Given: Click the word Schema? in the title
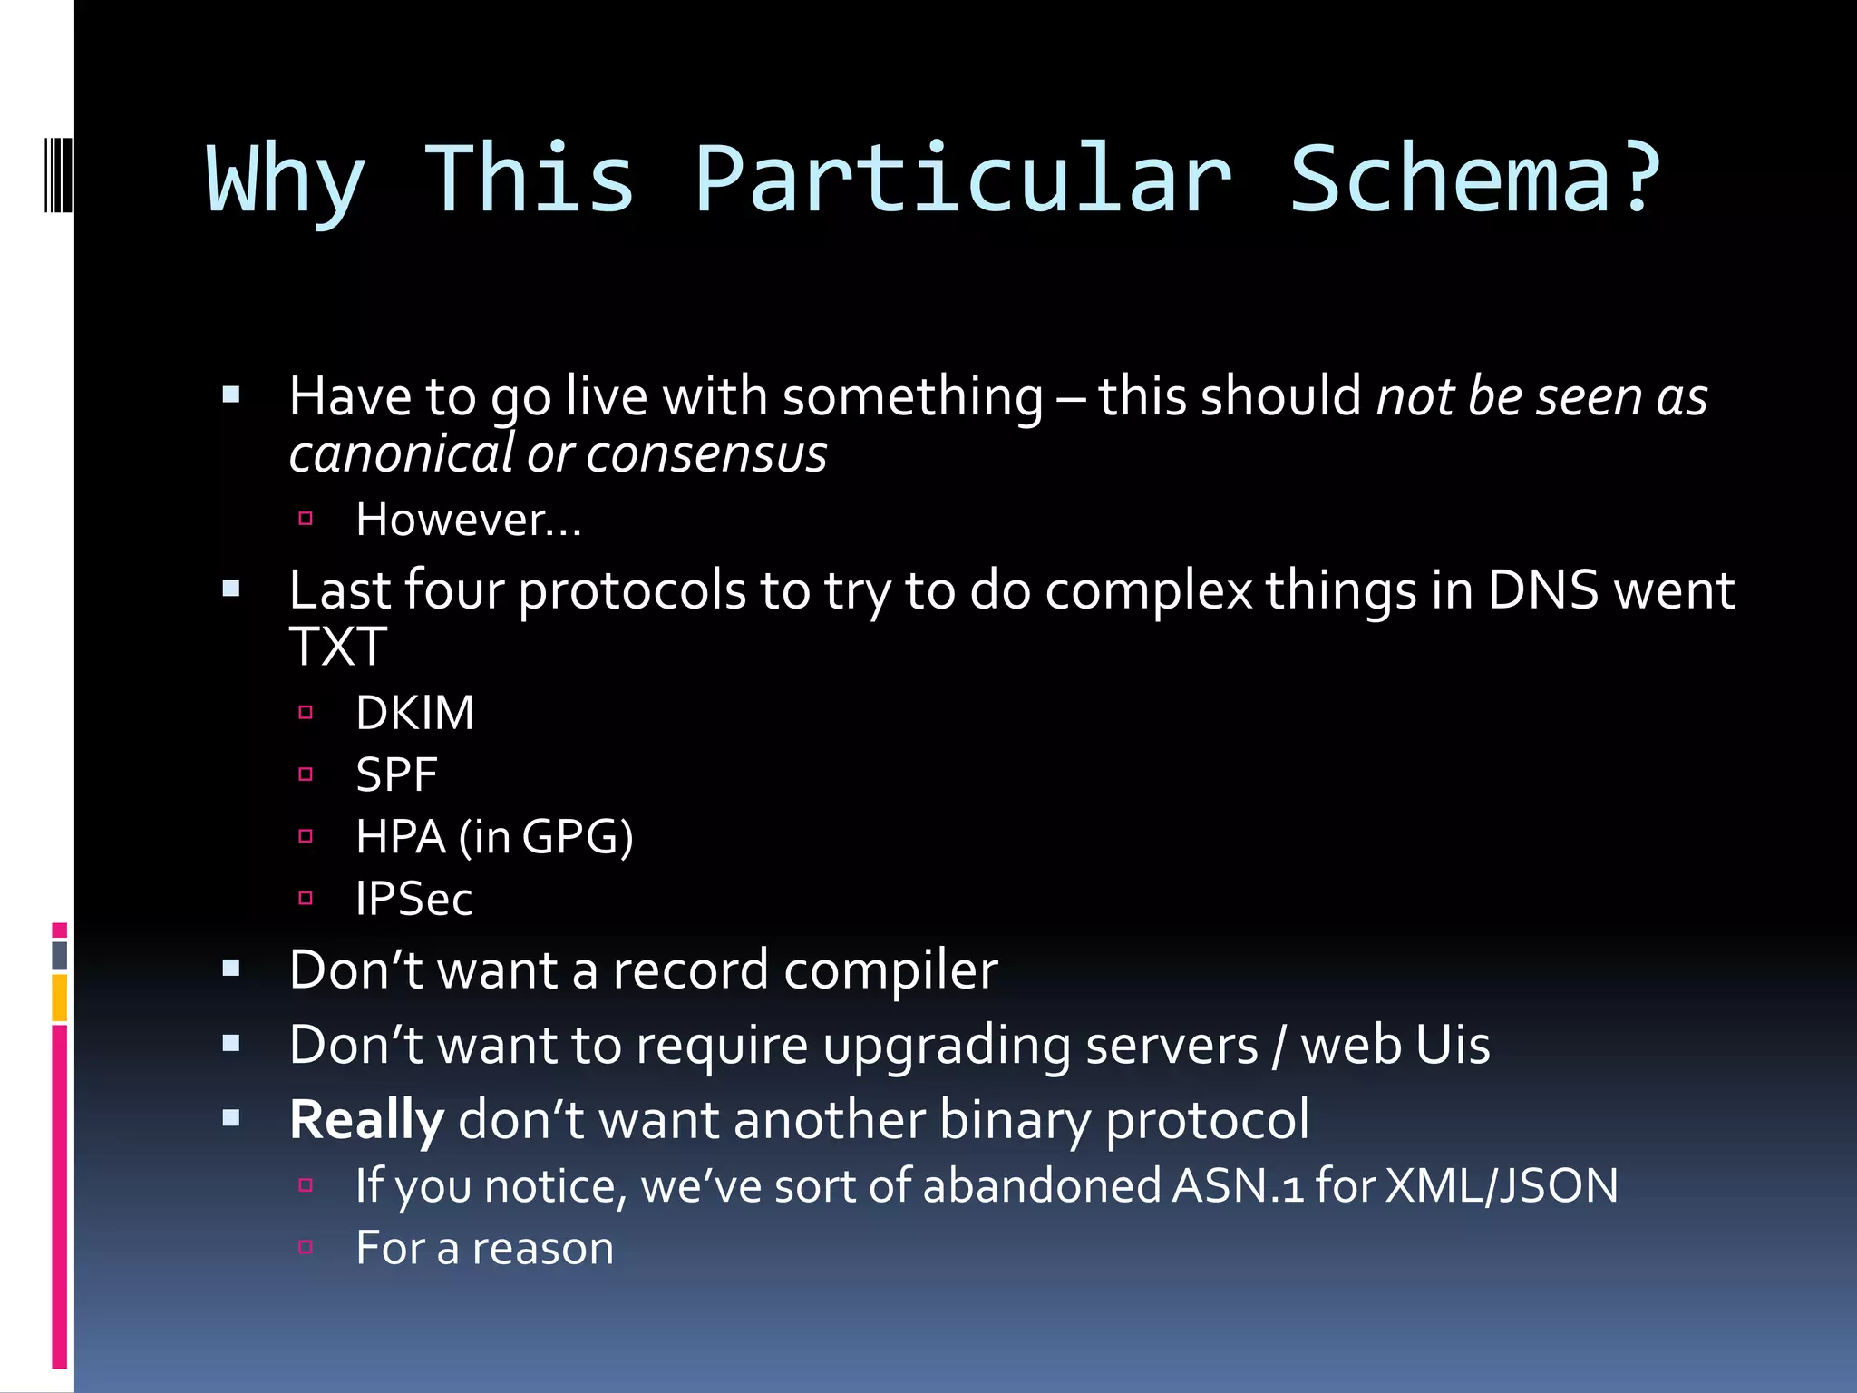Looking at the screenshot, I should [x=1474, y=180].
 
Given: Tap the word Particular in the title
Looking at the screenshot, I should [x=963, y=180].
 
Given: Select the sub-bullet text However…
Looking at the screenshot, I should [x=468, y=520].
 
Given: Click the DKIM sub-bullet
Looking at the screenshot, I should [x=414, y=713].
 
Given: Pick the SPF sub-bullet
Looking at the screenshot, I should [x=396, y=774].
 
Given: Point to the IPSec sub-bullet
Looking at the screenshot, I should [x=413, y=899].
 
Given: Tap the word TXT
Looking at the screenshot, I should [x=337, y=647].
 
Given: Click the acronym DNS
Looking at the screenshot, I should [x=1542, y=590].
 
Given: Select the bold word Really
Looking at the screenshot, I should [x=366, y=1119].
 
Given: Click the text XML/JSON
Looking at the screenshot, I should [x=1502, y=1185].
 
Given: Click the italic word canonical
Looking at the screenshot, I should [x=401, y=453].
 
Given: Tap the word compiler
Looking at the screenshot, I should [x=890, y=969].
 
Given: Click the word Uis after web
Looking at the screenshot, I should [x=1453, y=1045].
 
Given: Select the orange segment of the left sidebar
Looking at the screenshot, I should [x=60, y=998].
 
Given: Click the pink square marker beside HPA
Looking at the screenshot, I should [x=306, y=836].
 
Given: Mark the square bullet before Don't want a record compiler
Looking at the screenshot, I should [x=231, y=969].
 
